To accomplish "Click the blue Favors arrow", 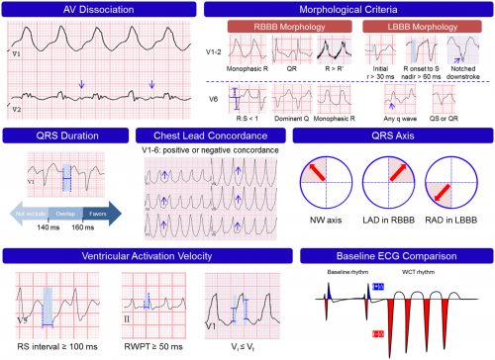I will pos(99,211).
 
